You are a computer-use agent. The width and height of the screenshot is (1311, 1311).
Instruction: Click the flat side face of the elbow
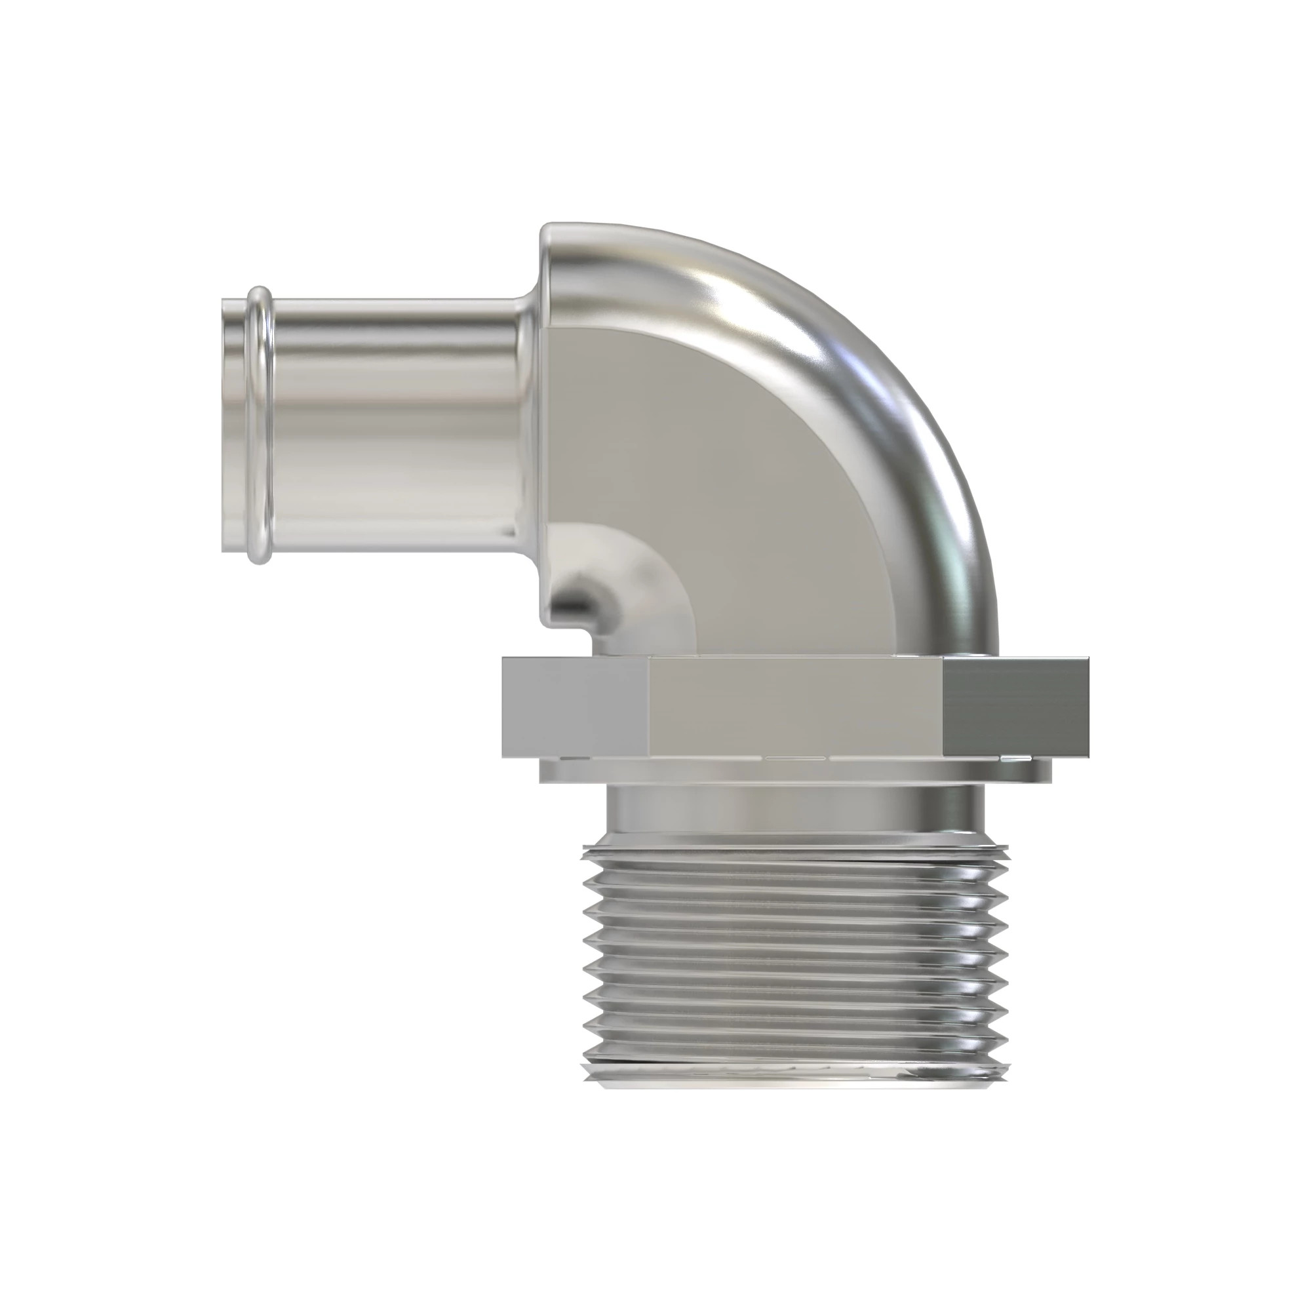[733, 475]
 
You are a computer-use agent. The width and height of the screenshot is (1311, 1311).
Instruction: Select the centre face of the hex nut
[794, 706]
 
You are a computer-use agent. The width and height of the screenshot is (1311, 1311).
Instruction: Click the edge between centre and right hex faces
[944, 706]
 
